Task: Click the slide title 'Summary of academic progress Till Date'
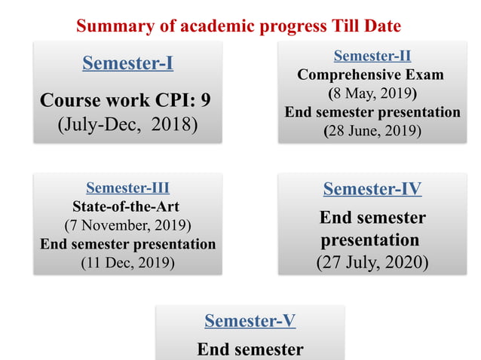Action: click(239, 26)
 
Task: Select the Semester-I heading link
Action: click(127, 63)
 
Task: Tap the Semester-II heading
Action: click(372, 55)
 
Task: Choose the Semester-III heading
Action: click(127, 188)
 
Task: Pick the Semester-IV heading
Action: click(372, 188)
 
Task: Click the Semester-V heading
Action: click(250, 321)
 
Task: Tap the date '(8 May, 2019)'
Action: click(372, 93)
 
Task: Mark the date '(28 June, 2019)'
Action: click(372, 130)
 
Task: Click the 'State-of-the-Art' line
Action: click(127, 206)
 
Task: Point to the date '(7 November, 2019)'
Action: click(127, 224)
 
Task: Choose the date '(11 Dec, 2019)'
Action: click(127, 262)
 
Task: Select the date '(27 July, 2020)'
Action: click(372, 262)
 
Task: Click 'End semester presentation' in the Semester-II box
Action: click(372, 112)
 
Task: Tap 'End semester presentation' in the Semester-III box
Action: click(127, 243)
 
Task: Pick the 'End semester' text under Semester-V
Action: click(250, 349)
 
